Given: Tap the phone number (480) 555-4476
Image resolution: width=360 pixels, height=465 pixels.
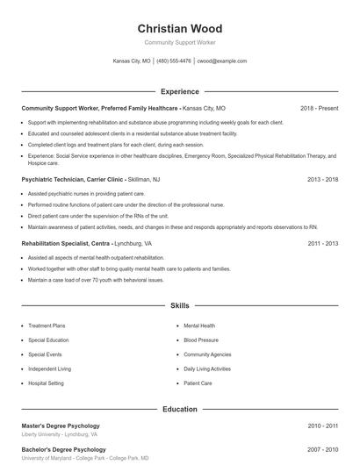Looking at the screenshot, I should pos(174,61).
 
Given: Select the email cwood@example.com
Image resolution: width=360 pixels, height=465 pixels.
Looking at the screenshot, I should pos(221,61).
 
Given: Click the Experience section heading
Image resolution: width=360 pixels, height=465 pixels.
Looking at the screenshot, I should pos(180,91).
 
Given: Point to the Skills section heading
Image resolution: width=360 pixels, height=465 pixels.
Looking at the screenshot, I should pos(180,306).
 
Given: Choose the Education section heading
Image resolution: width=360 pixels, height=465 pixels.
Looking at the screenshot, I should pos(180,409).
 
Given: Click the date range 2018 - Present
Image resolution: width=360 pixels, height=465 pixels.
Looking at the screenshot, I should pos(319,108).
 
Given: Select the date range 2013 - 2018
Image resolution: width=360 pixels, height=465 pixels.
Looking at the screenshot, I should pos(322,178).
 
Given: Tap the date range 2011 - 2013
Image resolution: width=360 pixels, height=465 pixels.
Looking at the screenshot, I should pos(322,243).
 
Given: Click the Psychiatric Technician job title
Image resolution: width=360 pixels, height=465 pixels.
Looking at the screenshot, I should pos(60,178).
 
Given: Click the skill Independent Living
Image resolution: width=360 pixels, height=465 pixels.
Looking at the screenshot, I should pos(49,368).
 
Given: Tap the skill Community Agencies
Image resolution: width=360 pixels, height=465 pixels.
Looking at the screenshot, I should pos(207,354).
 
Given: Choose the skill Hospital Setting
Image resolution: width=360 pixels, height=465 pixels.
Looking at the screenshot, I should pos(46,383).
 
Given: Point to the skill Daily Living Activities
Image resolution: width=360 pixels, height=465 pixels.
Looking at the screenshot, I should pos(207,368).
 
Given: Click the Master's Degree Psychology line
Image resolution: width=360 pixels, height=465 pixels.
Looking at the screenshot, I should pos(61,426).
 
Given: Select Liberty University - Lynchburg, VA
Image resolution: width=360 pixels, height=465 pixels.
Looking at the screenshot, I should pos(60,434).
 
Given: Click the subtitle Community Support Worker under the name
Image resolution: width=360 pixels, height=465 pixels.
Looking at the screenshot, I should pos(180,42).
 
